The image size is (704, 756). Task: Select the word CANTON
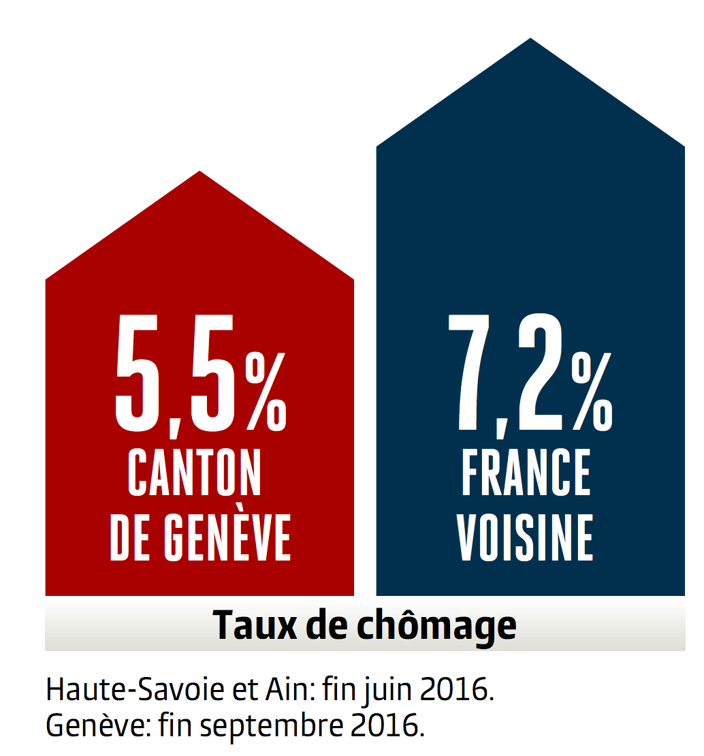coord(195,472)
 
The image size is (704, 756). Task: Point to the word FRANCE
coord(526,472)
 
